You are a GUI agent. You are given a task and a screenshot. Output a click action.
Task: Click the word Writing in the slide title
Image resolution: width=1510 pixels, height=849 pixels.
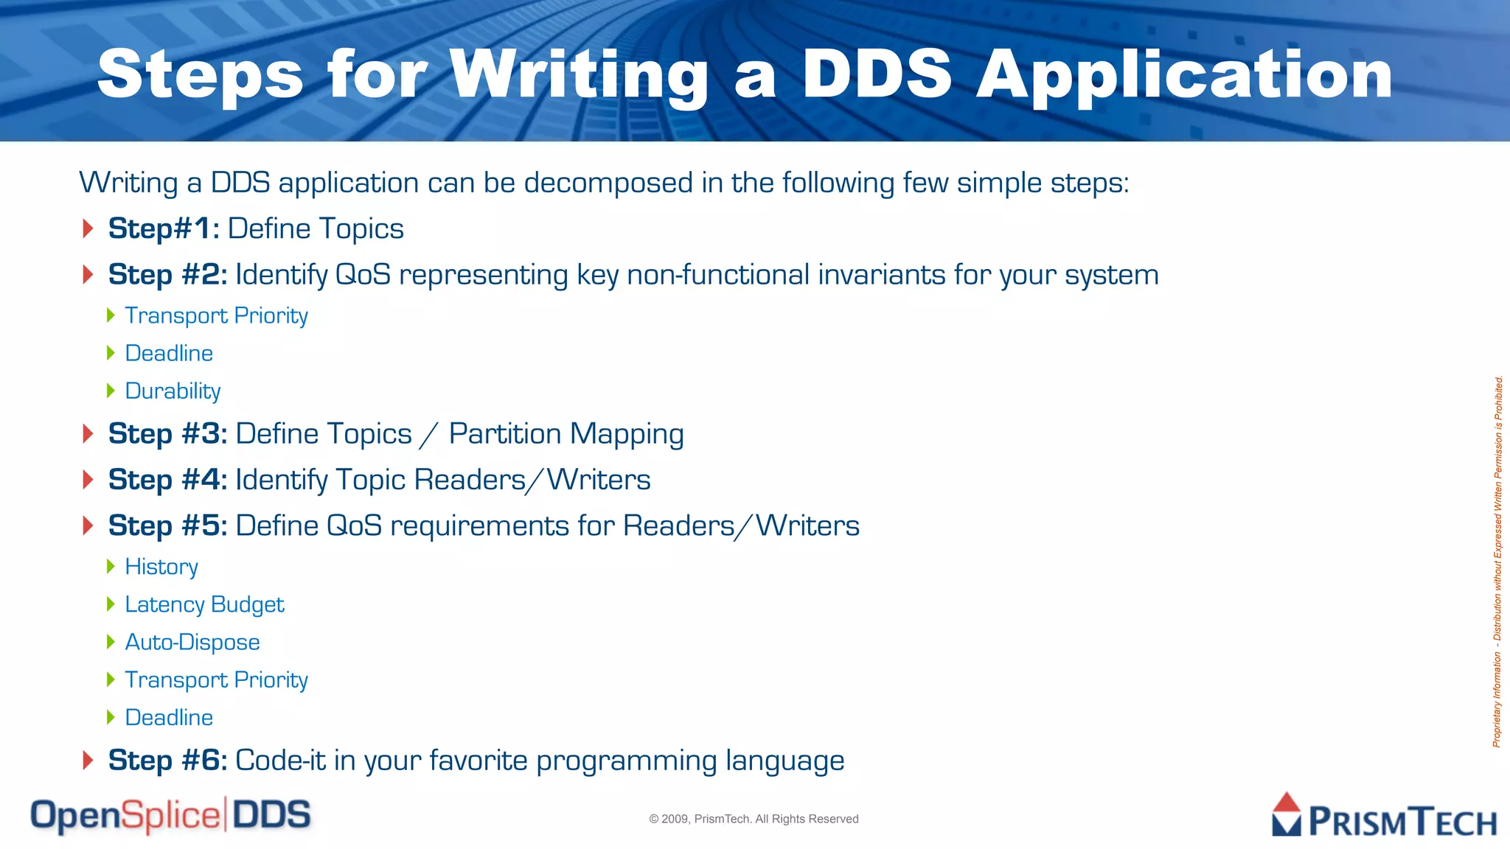coord(579,75)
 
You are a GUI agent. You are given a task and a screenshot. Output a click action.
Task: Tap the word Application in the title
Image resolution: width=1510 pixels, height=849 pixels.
coord(1184,75)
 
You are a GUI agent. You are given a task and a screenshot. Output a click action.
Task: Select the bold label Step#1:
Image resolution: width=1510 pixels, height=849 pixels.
coord(164,228)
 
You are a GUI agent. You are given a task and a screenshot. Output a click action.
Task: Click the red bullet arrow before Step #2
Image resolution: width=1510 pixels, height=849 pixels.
coord(88,275)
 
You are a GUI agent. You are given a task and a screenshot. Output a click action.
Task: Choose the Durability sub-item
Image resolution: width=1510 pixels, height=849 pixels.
coord(173,391)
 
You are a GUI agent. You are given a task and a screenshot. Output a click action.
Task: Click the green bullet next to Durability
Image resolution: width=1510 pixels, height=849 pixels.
coord(111,391)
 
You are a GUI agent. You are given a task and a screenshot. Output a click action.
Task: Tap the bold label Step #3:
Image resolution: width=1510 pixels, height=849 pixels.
coord(167,433)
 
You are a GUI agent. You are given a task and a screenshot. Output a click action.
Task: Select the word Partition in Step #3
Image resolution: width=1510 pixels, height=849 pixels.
coord(504,433)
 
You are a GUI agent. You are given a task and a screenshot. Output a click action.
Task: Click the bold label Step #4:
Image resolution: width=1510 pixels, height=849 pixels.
coord(167,480)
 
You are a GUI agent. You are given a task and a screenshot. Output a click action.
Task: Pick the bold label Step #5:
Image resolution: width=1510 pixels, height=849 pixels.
coord(167,525)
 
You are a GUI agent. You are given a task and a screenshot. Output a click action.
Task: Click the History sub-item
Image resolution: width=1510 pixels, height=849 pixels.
coord(161,567)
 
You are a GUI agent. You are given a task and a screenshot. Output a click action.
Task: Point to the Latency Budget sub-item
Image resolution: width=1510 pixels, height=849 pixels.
coord(204,604)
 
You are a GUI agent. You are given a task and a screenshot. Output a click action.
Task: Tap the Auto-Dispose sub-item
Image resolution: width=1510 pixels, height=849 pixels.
coord(192,642)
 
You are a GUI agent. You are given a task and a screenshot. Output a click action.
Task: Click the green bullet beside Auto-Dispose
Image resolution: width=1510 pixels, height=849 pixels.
coord(111,642)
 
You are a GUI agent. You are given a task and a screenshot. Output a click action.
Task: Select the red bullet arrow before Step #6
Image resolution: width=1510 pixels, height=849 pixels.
coord(88,760)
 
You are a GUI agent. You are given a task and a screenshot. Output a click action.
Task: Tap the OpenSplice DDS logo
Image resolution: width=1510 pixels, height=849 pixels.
coord(170,816)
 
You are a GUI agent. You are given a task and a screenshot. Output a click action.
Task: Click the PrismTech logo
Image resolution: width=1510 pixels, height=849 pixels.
coord(1384,816)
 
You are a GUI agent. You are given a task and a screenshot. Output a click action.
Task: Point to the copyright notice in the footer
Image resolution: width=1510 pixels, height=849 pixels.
coord(754,819)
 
